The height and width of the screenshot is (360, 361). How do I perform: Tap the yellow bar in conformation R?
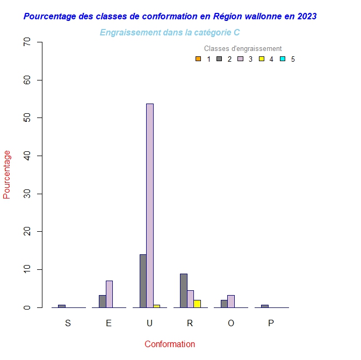pyautogui.click(x=197, y=304)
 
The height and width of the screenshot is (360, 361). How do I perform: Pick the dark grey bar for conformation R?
pyautogui.click(x=184, y=290)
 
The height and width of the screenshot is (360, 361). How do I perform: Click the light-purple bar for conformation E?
pyautogui.click(x=109, y=294)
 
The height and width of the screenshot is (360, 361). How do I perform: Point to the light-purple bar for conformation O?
pyautogui.click(x=231, y=301)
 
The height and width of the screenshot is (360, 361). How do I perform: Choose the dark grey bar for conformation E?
pyautogui.click(x=103, y=301)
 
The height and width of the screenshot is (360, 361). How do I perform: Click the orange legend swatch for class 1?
pyautogui.click(x=198, y=59)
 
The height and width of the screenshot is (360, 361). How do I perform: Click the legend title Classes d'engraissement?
pyautogui.click(x=243, y=49)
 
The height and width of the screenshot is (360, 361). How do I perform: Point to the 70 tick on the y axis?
pyautogui.click(x=27, y=42)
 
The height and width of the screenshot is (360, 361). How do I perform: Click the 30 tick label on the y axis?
pyautogui.click(x=27, y=194)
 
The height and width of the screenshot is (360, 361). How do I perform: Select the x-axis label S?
pyautogui.click(x=68, y=323)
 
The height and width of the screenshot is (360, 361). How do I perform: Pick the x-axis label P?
pyautogui.click(x=271, y=323)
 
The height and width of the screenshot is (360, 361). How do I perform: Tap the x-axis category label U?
pyautogui.click(x=149, y=323)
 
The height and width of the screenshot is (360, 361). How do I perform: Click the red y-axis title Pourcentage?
pyautogui.click(x=7, y=174)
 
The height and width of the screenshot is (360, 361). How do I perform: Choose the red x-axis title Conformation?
pyautogui.click(x=170, y=344)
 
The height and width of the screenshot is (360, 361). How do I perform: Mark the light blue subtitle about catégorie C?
pyautogui.click(x=170, y=33)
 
